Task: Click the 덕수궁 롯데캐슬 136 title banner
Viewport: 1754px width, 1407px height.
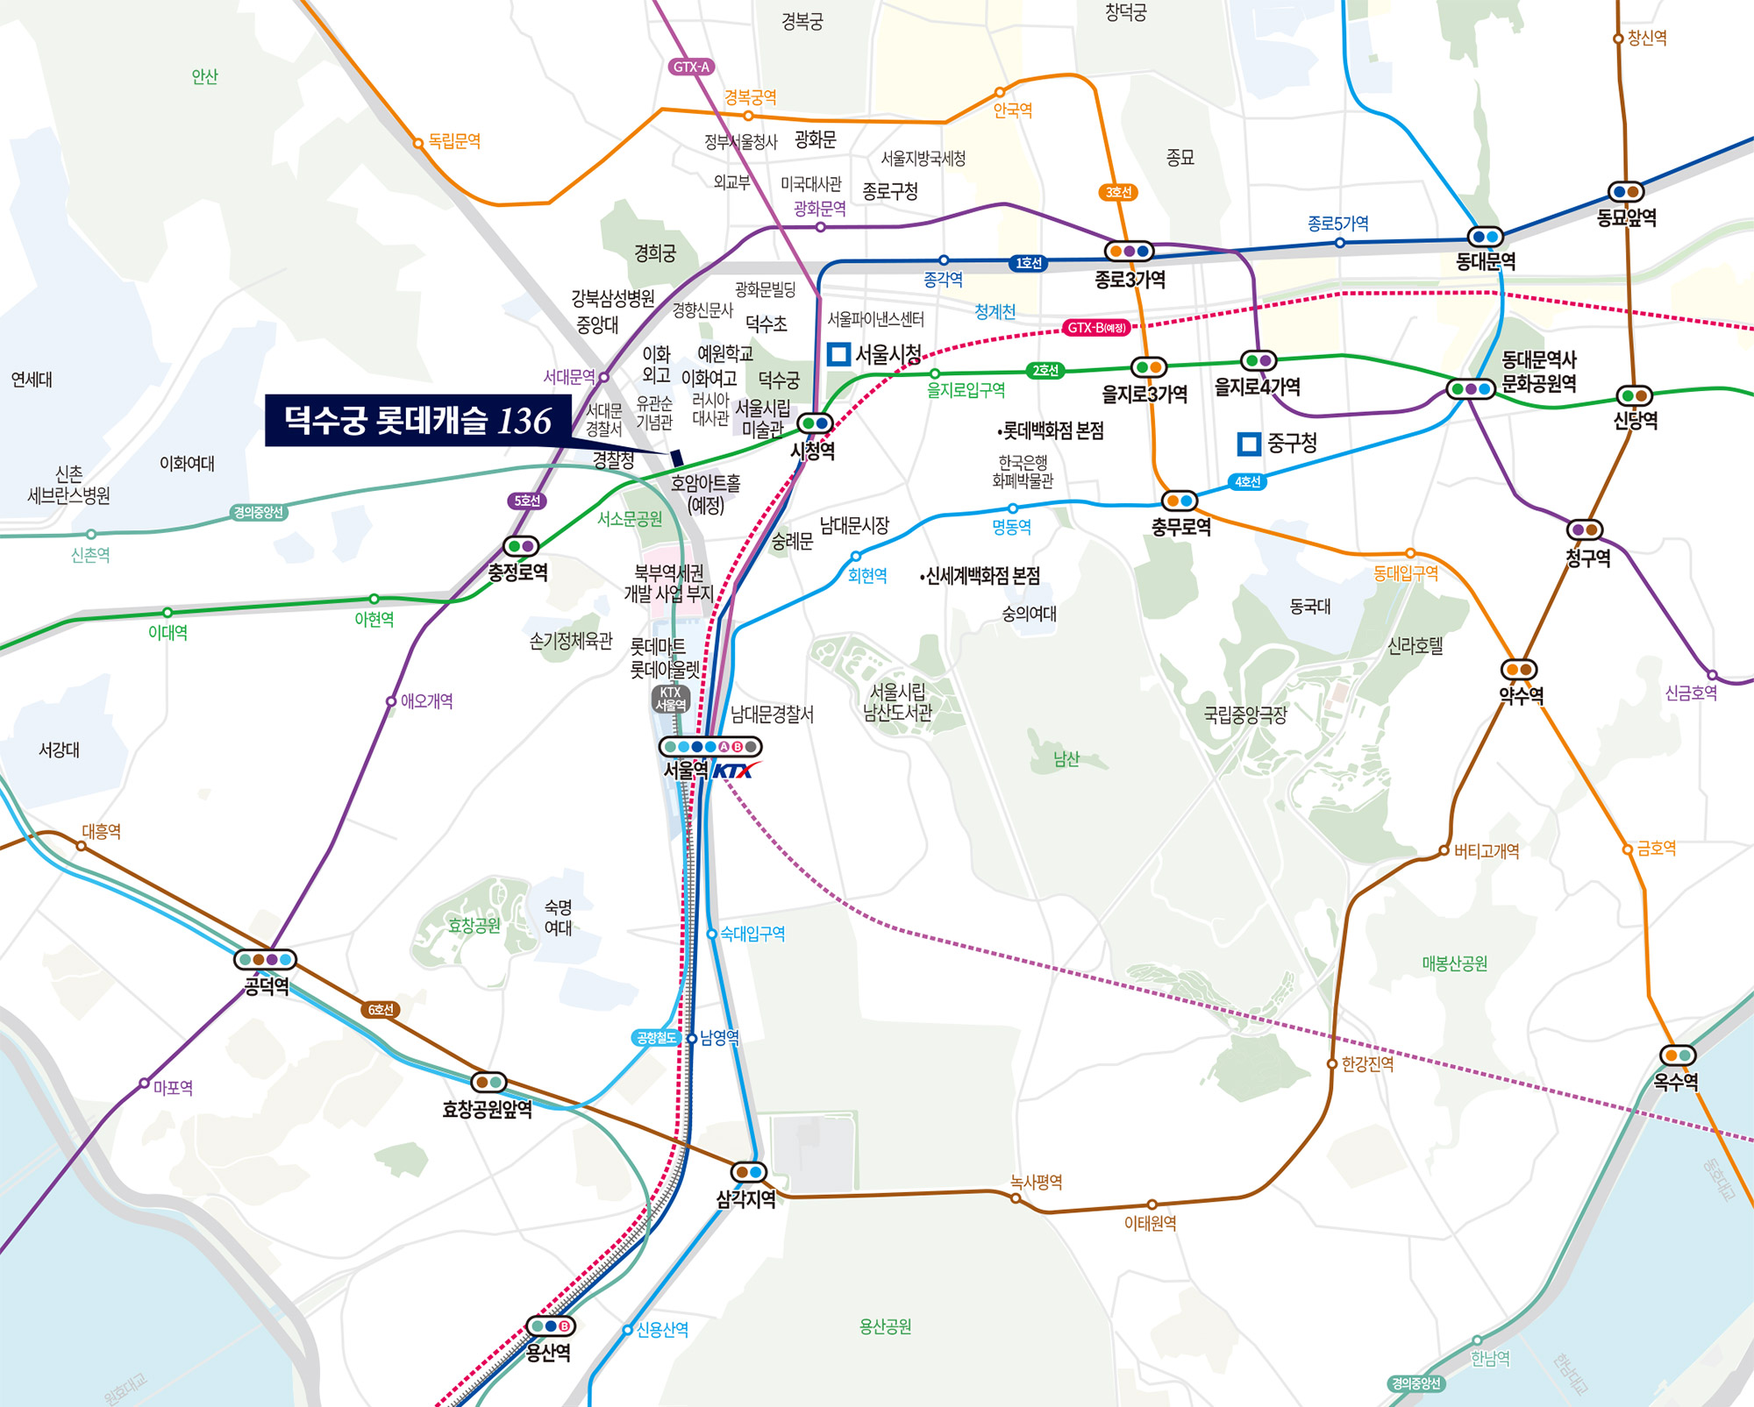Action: tap(418, 421)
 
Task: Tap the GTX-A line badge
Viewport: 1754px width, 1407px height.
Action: tap(691, 67)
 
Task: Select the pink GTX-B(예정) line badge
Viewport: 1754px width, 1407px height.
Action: tap(1096, 328)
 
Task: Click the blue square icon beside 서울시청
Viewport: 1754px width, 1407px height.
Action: tap(838, 354)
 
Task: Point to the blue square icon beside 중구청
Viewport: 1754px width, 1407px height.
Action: tap(1249, 444)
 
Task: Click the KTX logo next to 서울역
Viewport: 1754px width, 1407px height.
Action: tap(732, 771)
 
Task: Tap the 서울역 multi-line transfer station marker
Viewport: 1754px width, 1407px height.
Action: tap(710, 747)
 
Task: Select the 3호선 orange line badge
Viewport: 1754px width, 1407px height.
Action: tap(1118, 192)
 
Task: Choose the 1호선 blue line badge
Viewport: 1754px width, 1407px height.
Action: tap(1028, 263)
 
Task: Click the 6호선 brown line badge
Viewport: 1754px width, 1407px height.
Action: tap(381, 1010)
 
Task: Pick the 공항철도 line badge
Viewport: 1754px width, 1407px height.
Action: tap(656, 1038)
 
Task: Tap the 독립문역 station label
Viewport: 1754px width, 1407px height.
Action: tap(454, 141)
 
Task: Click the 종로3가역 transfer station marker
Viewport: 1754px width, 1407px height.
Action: tap(1129, 252)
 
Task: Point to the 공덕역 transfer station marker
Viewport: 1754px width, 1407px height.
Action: tap(265, 960)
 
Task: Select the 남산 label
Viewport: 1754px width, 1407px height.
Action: tap(1066, 759)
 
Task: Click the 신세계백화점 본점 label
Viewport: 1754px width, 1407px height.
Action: tap(981, 576)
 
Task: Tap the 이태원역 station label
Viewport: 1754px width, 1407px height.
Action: tap(1150, 1223)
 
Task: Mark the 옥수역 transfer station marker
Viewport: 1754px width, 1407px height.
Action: tap(1678, 1055)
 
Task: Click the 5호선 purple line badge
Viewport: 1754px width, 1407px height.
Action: tap(526, 501)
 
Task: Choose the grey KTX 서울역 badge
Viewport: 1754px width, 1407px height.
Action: tap(671, 699)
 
